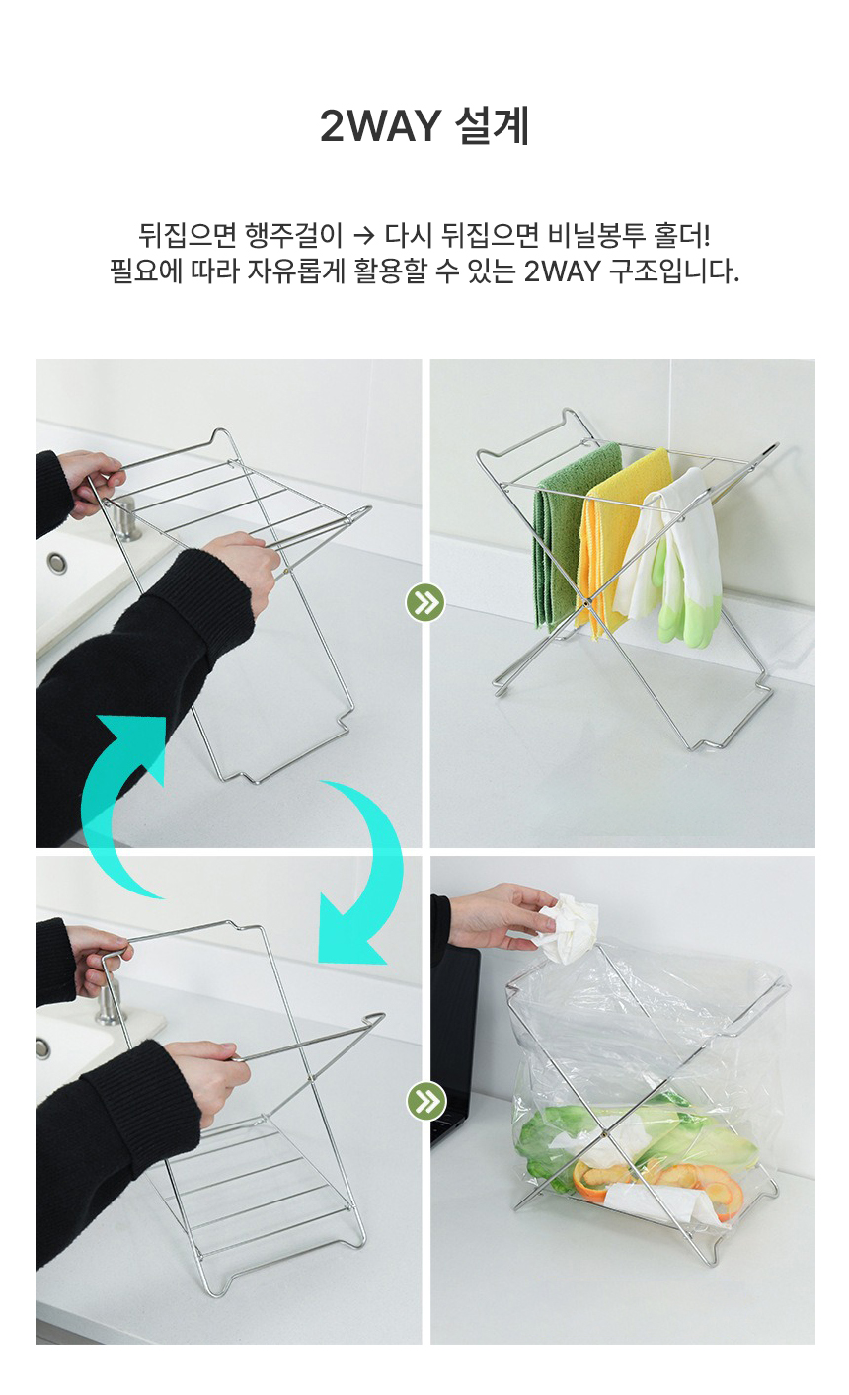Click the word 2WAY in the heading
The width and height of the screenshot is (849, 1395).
(381, 125)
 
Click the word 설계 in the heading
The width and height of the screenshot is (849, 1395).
(492, 125)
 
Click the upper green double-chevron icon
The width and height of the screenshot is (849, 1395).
(425, 602)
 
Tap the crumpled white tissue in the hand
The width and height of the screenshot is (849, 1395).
(568, 929)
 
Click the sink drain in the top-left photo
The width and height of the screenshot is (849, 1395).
(56, 563)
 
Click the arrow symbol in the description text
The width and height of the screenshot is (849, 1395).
(363, 235)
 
